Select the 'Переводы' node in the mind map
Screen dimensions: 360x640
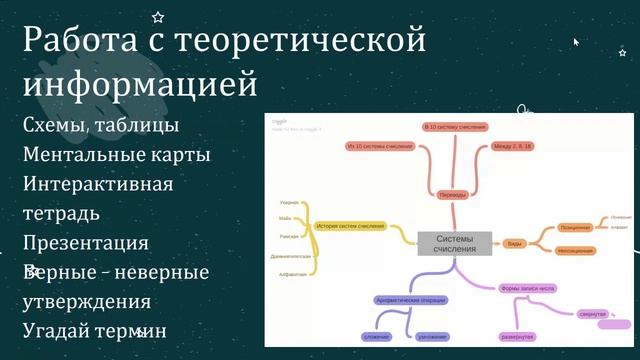pos(453,195)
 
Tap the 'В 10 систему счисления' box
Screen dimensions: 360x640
pos(455,128)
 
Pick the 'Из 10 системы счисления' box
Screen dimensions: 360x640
pos(379,147)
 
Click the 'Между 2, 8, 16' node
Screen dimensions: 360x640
pos(513,147)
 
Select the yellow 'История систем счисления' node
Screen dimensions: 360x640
pos(350,227)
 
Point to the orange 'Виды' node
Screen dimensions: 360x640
pos(513,243)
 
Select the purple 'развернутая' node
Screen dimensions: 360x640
pos(517,337)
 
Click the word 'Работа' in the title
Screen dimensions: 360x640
pos(82,43)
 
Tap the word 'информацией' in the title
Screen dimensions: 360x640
pos(140,85)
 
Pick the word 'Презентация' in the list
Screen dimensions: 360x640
pos(86,243)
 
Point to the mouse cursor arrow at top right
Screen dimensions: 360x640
pos(576,42)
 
